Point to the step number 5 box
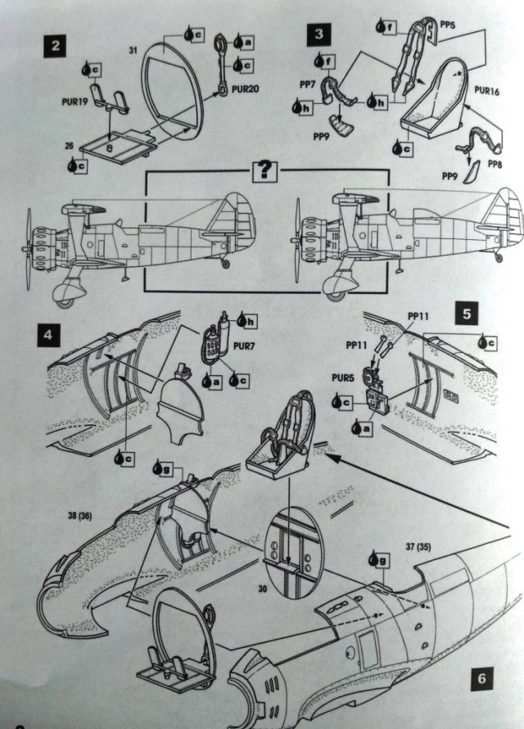[466, 315]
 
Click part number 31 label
[133, 52]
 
